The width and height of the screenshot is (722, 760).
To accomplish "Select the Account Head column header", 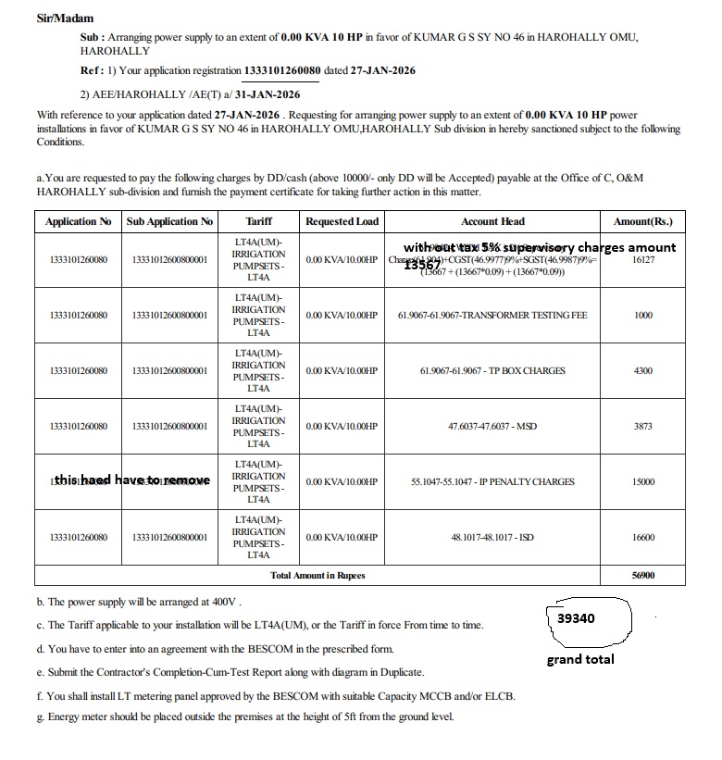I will (x=492, y=222).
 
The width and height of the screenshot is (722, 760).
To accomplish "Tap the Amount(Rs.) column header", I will (x=642, y=222).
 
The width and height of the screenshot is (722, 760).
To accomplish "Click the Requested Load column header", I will (x=342, y=222).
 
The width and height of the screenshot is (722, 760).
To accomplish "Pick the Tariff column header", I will (x=258, y=222).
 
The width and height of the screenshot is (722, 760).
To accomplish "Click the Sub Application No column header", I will (x=169, y=222).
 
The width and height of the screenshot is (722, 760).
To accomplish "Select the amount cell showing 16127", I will (x=642, y=260).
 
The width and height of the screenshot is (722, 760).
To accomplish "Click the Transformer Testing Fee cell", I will (x=492, y=316).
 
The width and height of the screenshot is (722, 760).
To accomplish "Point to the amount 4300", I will (x=642, y=371).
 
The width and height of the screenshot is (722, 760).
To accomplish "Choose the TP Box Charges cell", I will (x=492, y=371).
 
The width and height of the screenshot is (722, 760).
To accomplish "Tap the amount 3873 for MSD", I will (x=642, y=427).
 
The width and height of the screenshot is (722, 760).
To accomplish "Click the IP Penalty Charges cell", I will (x=492, y=482).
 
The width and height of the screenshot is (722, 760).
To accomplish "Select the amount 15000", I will (x=642, y=482).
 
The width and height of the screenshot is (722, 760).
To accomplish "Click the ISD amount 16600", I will (x=642, y=538).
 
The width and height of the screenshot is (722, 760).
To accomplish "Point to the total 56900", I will (x=642, y=576).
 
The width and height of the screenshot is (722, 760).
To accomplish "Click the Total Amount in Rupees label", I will (x=317, y=576).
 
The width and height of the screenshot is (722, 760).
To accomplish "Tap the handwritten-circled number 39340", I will (x=576, y=617).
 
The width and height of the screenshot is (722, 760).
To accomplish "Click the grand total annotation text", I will (x=579, y=659).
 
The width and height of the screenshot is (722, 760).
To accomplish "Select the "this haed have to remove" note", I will (x=132, y=480).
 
